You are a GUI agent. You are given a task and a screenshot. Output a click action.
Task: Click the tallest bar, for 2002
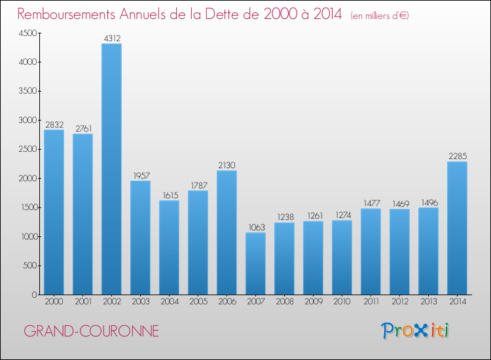pos(111,169)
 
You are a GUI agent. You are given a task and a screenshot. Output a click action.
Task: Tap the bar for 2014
pos(457,228)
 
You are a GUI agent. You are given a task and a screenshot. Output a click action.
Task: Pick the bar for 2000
pos(54,212)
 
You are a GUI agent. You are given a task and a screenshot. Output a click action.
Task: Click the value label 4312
pos(111,39)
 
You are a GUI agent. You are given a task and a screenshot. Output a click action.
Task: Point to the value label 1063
pos(255,228)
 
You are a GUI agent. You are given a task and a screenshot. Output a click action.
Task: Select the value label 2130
pos(227,166)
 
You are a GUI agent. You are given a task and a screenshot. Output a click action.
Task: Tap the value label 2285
pos(457,156)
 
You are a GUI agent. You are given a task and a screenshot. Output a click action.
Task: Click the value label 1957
pos(140,175)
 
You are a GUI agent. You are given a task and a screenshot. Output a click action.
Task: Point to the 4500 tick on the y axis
pos(27,33)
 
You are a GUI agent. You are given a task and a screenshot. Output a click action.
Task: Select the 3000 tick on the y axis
pos(27,120)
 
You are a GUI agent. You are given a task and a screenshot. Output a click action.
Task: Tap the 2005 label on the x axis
pos(198,302)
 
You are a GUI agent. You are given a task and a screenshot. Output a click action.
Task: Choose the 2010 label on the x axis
pos(342,302)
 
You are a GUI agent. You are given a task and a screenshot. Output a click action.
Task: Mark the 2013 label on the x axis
pos(428,302)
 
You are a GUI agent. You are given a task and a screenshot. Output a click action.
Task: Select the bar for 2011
pos(371,251)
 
